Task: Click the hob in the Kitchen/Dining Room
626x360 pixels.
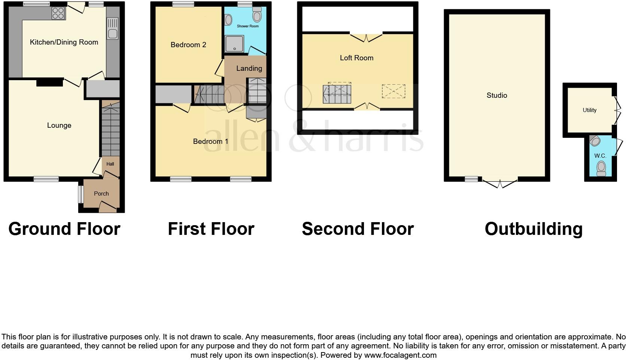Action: click(x=58, y=13)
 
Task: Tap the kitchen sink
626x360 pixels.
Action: click(x=112, y=29)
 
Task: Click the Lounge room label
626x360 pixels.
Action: click(x=59, y=125)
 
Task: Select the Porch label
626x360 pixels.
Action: click(x=101, y=194)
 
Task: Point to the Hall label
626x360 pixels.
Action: click(x=110, y=164)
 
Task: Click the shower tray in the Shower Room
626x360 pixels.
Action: click(x=234, y=44)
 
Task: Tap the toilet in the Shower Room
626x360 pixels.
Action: click(x=257, y=15)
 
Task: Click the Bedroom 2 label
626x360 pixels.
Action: click(x=188, y=45)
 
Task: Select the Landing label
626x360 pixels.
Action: click(x=249, y=69)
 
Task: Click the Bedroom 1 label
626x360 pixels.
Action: click(x=210, y=142)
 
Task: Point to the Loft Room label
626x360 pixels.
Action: click(x=356, y=58)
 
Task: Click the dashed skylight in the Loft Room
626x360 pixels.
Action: click(x=393, y=91)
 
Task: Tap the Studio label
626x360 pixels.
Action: click(x=497, y=96)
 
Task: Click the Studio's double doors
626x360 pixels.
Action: click(x=500, y=184)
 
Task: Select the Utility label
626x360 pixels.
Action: click(x=589, y=110)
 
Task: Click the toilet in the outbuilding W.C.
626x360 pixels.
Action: click(x=601, y=168)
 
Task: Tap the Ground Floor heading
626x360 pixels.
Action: click(x=64, y=229)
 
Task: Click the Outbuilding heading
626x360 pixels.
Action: click(x=534, y=229)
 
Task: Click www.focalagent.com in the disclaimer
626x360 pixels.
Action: click(x=400, y=355)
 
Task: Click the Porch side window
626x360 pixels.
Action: click(x=80, y=194)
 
